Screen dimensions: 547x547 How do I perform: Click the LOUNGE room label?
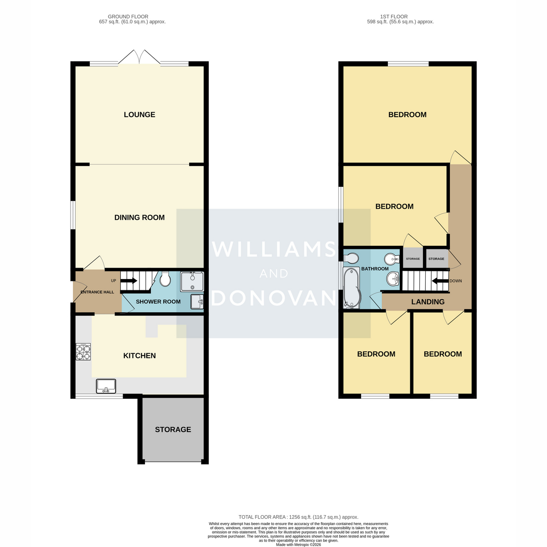click(139, 115)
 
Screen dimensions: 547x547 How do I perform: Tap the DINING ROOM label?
click(139, 217)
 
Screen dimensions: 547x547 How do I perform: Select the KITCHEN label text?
click(139, 356)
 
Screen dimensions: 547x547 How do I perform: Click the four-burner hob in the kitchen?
click(83, 352)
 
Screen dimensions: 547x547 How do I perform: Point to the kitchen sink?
click(106, 386)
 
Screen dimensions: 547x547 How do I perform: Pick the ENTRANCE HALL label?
click(97, 292)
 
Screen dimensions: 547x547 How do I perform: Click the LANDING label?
click(428, 302)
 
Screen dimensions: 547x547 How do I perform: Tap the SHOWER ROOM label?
click(158, 302)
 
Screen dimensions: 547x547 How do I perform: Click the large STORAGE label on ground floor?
click(173, 429)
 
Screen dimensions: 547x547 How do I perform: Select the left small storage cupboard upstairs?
click(413, 258)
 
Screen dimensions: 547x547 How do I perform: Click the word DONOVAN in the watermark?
click(273, 298)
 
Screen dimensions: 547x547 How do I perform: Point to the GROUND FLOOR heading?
click(128, 17)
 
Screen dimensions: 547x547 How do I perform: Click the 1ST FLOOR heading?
click(394, 17)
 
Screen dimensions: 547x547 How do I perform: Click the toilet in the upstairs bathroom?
click(351, 258)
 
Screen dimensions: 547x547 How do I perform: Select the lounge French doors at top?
click(139, 57)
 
